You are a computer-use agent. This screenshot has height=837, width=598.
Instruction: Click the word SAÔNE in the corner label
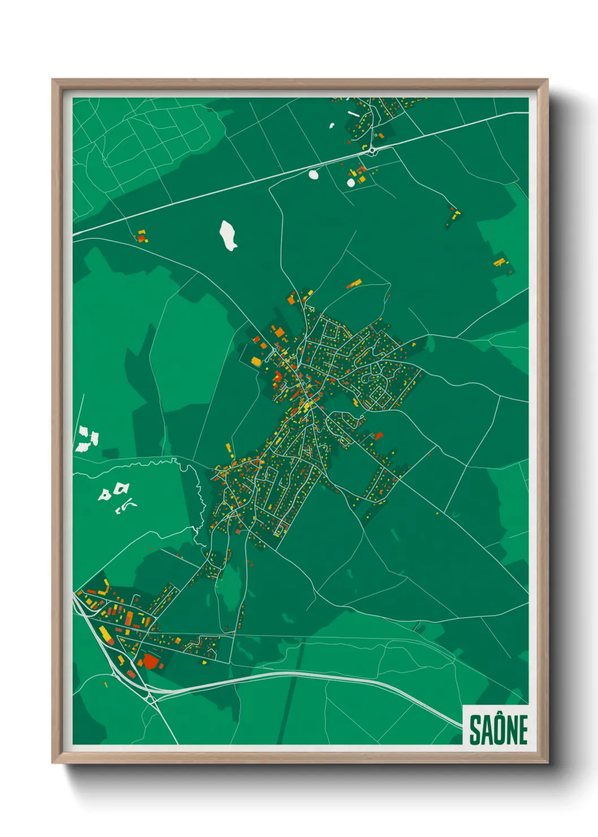point(498,730)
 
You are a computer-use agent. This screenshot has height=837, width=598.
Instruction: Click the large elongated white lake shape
point(228,235)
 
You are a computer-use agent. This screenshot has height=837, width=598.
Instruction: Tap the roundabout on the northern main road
point(372,150)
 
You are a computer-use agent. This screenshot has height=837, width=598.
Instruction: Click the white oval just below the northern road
point(314,174)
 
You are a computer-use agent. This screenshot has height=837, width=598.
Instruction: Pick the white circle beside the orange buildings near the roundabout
point(351,183)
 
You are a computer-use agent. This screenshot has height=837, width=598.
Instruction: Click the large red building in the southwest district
point(150,661)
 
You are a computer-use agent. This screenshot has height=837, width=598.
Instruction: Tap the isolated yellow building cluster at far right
point(500,262)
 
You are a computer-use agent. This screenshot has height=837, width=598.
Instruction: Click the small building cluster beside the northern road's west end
point(141,235)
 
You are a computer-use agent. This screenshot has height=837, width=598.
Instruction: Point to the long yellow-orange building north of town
point(354,283)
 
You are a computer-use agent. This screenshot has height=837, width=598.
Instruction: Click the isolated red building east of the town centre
point(378,435)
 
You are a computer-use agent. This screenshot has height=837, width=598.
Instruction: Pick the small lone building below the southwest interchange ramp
point(106,685)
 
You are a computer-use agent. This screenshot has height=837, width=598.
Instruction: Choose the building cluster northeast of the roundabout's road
point(454,214)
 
